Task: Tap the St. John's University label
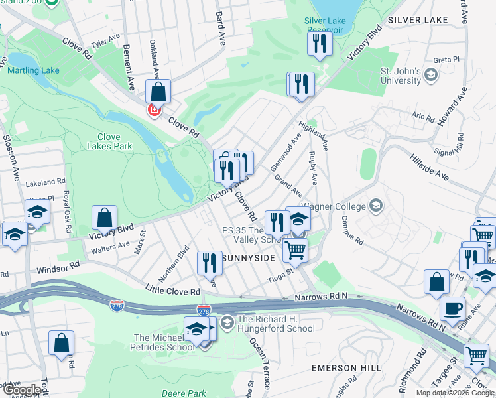click(x=401, y=76)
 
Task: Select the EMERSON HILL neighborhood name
click(x=346, y=367)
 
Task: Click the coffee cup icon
click(x=453, y=308)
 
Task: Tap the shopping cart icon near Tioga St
click(x=295, y=250)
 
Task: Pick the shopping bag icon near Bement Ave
click(x=158, y=91)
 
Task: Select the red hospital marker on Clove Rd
click(x=155, y=110)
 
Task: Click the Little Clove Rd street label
click(x=173, y=291)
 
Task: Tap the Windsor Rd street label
click(x=58, y=267)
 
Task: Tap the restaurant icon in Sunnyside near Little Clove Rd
click(x=210, y=263)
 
